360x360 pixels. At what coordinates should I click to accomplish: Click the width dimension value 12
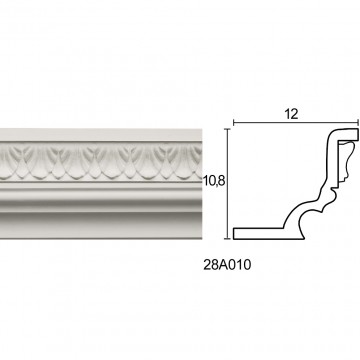point(291,114)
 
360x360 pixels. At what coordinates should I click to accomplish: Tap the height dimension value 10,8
point(215,181)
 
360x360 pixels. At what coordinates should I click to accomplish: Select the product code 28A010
point(227,265)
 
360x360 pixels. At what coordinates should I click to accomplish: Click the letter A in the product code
point(223,265)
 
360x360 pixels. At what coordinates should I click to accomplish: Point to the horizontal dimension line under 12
point(296,123)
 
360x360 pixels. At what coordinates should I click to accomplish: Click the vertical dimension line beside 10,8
point(228,184)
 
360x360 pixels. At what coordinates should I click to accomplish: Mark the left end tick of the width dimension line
point(233,123)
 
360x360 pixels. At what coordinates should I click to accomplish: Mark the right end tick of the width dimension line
point(359,123)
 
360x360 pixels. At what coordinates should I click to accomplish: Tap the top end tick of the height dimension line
point(228,129)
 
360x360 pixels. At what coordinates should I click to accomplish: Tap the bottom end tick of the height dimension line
point(228,239)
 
